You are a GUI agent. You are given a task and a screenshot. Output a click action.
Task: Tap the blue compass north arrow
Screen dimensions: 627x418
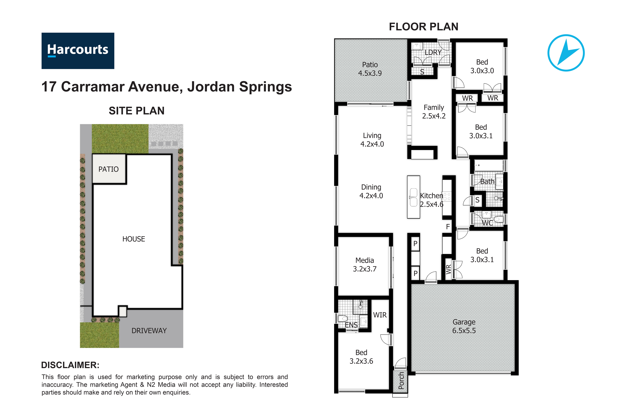[x=566, y=53]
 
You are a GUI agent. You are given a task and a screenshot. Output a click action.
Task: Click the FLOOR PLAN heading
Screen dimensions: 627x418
[x=424, y=27]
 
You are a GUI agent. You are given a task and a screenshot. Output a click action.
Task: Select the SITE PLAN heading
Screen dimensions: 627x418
[x=137, y=111]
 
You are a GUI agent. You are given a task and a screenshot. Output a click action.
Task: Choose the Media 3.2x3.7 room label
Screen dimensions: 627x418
[x=365, y=264]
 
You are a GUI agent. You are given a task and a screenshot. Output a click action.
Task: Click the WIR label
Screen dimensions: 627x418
[x=380, y=315]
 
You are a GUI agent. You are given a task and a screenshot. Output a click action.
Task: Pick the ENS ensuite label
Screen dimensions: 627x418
[x=351, y=325]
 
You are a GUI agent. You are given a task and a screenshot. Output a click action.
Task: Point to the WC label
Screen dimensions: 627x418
[x=488, y=223]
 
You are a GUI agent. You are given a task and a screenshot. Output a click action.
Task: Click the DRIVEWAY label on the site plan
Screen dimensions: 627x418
[x=149, y=331]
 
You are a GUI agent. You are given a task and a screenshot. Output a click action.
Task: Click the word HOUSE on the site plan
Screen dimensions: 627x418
[x=134, y=239]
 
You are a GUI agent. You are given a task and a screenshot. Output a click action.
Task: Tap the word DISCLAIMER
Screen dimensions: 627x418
[x=70, y=365]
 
